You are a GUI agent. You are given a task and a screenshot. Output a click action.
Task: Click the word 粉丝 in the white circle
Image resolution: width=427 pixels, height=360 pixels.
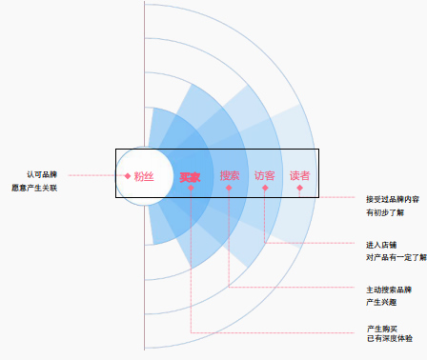tap(144, 176)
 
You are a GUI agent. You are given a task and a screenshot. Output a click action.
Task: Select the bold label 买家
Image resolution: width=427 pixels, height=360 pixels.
tap(190, 177)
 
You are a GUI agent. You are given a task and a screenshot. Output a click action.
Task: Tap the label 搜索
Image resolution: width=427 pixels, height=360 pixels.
tap(230, 175)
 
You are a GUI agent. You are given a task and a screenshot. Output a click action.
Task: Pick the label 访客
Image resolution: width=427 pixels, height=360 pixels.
tap(264, 175)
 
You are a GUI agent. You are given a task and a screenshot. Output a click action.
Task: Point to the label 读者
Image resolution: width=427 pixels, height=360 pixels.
tap(299, 175)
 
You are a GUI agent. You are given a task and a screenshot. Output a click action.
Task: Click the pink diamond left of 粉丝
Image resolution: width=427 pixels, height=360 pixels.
tap(128, 176)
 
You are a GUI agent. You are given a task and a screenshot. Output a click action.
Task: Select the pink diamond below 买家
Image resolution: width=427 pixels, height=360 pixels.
tap(191, 188)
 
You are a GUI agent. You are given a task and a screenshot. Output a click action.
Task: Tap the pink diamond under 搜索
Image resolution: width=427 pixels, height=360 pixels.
tap(229, 188)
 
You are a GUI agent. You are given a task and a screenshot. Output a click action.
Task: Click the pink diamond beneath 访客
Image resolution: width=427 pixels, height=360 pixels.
tap(265, 188)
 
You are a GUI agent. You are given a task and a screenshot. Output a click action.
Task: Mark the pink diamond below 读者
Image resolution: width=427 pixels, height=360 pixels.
tap(299, 188)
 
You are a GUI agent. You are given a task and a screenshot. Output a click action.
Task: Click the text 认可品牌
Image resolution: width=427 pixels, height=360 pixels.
tap(42, 174)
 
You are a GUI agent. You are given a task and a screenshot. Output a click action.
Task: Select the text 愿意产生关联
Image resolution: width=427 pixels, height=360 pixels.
tap(34, 188)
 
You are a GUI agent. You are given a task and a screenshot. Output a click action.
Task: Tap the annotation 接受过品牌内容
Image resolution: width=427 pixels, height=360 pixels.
tap(393, 199)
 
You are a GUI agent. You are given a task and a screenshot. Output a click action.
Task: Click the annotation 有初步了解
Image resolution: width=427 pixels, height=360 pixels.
tap(385, 212)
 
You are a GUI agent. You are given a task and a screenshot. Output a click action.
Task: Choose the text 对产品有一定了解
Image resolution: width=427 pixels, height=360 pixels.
tap(396, 257)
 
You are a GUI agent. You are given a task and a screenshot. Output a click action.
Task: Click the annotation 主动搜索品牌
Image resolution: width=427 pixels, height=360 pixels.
tap(389, 290)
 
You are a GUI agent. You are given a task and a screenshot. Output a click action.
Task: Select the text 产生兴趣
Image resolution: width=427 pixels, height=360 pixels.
tap(381, 302)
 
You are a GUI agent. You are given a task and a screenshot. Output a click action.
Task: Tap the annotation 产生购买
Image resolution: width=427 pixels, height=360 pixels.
tap(382, 329)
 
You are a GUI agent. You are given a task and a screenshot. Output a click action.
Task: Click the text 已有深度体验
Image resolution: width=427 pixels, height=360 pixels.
tap(390, 339)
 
